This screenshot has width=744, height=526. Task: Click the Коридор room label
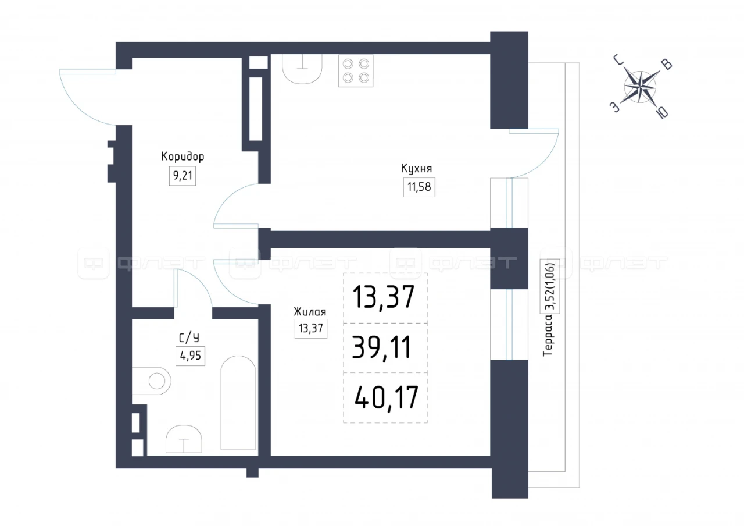point(183,157)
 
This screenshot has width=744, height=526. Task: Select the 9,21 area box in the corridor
point(183,176)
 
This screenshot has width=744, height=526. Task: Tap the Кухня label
point(417,168)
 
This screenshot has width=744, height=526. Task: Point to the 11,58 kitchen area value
point(419,187)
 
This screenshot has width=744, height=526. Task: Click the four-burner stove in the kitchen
point(356,71)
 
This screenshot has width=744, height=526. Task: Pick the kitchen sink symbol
point(302,69)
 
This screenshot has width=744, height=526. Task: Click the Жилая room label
point(310,312)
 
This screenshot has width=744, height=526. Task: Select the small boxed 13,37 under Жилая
point(311,329)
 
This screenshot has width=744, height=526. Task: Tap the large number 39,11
point(382,347)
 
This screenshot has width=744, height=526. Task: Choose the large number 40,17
point(387,397)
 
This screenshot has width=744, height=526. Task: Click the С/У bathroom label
point(189,338)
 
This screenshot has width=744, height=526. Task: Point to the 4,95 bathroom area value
point(190,356)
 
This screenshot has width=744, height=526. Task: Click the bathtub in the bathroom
point(238,403)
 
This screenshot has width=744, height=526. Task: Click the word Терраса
point(548,336)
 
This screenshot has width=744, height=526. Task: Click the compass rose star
point(640,87)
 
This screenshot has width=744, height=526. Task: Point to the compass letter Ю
point(663,113)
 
